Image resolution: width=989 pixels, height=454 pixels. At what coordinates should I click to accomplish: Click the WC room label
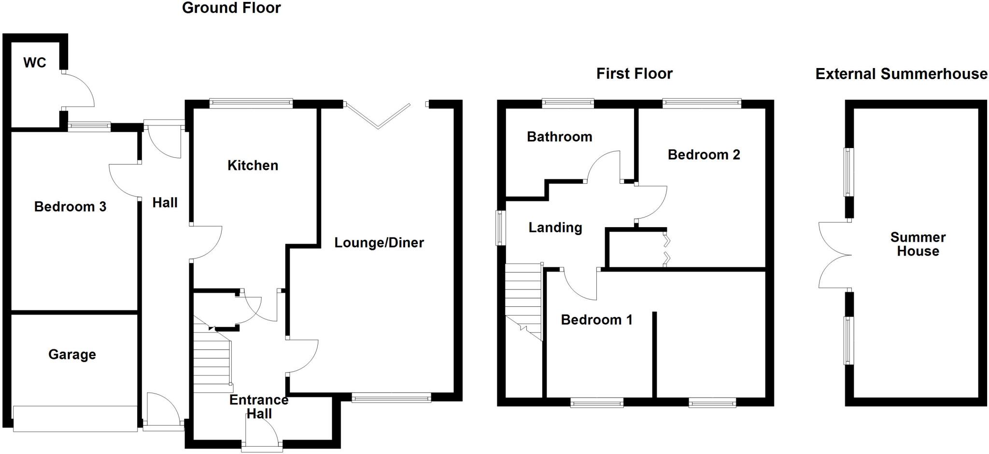[35, 63]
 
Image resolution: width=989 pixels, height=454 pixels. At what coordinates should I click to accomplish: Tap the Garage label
[72, 355]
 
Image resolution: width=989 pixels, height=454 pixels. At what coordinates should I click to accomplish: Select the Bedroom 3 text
[70, 207]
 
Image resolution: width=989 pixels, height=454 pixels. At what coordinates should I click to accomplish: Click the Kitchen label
[253, 165]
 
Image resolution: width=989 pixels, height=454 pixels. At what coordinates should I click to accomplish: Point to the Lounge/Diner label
[379, 243]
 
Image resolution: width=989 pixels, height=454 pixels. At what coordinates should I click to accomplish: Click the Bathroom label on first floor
[559, 137]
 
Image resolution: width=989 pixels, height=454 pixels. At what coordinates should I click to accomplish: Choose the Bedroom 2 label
[704, 155]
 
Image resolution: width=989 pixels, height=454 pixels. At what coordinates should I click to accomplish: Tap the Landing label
[555, 228]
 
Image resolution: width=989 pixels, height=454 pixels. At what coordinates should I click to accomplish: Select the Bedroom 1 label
[596, 320]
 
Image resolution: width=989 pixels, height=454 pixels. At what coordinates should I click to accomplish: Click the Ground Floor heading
[231, 8]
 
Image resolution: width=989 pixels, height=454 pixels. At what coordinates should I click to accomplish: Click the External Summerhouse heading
[901, 74]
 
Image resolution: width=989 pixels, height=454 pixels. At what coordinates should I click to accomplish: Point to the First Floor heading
[634, 74]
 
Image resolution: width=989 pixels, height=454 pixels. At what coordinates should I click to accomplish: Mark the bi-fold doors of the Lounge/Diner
[377, 116]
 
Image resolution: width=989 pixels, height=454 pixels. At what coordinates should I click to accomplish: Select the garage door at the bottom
[75, 418]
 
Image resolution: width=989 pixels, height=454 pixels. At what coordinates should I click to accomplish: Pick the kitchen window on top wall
[251, 103]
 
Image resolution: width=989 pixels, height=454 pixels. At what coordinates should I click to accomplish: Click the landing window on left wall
[501, 228]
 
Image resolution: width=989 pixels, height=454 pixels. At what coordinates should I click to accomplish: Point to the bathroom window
[567, 103]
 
